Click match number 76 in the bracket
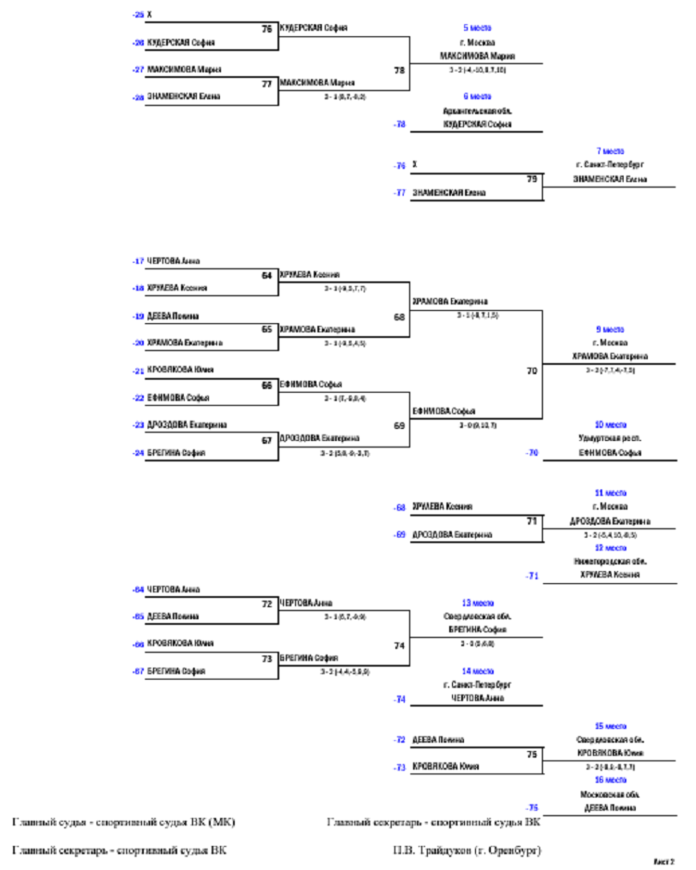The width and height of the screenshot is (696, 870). (x=267, y=29)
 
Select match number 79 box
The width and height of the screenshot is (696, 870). (x=532, y=178)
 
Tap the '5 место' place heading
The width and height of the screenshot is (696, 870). (x=477, y=28)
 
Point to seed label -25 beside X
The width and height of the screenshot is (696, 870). (x=138, y=15)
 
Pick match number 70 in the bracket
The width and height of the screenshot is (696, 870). (x=532, y=370)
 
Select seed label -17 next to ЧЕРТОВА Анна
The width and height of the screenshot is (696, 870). (x=138, y=261)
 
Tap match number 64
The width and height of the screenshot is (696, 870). (x=267, y=275)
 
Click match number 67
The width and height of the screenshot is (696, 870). (x=267, y=440)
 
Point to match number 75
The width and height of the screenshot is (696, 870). (x=532, y=755)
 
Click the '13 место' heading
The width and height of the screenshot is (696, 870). (x=477, y=602)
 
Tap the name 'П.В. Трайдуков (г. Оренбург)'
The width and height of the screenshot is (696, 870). (x=467, y=850)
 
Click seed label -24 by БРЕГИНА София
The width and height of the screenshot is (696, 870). (x=138, y=453)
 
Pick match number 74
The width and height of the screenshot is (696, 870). (x=400, y=644)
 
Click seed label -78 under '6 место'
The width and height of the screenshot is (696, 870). (x=399, y=123)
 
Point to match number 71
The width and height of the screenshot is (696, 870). (x=532, y=522)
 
